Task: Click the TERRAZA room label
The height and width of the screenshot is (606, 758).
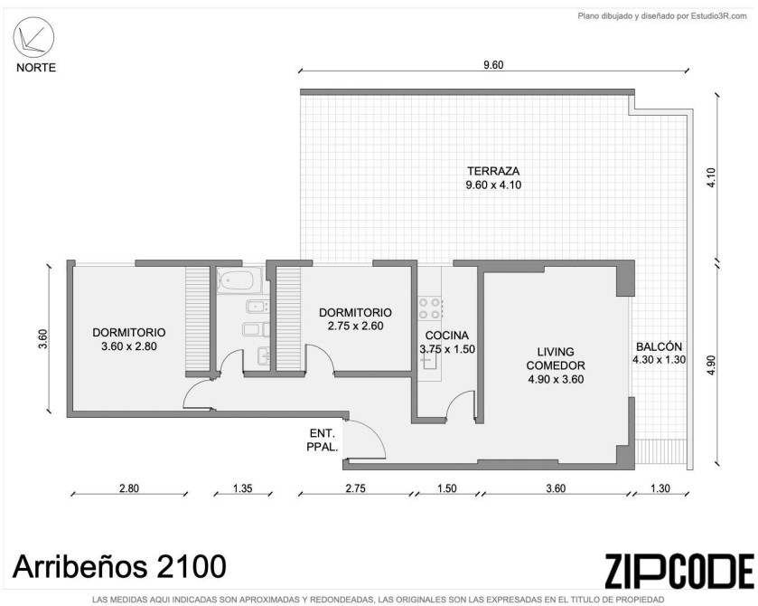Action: (x=493, y=171)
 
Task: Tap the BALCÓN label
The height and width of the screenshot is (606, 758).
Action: (x=659, y=346)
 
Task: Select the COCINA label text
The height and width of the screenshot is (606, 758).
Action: (x=447, y=336)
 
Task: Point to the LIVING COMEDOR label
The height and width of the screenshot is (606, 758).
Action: (x=556, y=359)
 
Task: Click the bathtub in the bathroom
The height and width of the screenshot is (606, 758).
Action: (x=235, y=281)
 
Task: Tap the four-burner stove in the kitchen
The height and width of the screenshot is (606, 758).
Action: (x=430, y=308)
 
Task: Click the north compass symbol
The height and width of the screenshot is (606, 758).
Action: (x=33, y=37)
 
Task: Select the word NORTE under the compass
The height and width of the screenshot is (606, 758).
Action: (x=36, y=68)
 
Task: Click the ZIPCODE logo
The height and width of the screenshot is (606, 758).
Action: (x=679, y=571)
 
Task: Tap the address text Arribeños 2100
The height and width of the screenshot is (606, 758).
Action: (x=119, y=566)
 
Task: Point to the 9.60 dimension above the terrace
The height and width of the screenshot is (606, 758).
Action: (x=493, y=65)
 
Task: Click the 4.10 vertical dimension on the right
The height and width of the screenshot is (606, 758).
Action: (x=711, y=177)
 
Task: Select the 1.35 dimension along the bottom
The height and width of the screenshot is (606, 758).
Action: (x=243, y=488)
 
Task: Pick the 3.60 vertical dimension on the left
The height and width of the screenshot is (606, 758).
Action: (x=43, y=339)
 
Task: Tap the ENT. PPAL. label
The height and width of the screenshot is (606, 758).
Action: (x=322, y=440)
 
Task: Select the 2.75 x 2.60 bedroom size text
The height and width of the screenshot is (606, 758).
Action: (x=355, y=327)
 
